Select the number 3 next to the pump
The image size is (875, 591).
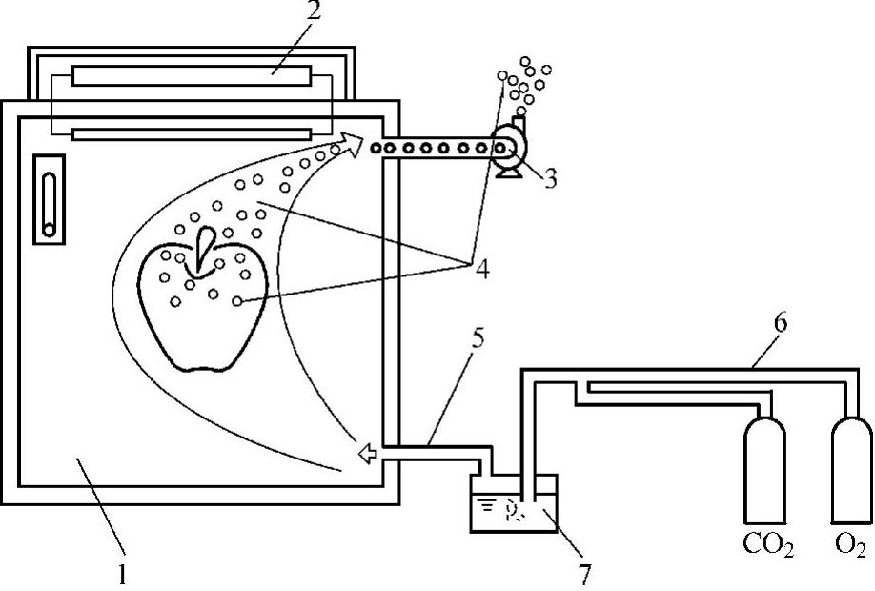551,177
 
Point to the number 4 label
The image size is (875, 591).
480,269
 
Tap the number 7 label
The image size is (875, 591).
582,574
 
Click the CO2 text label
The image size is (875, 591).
768,546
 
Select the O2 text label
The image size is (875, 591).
850,546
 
